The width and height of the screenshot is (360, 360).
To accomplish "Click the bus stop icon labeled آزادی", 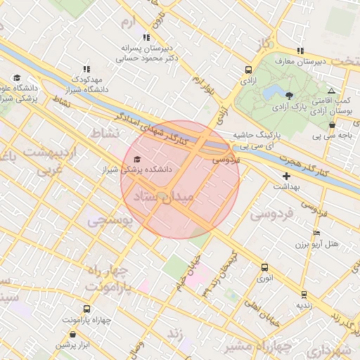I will click(x=248, y=70).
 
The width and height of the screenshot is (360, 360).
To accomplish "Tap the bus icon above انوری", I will click(x=264, y=267).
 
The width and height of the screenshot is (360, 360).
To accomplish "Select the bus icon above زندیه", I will click(x=304, y=294).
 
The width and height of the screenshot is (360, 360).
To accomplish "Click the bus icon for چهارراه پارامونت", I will click(x=86, y=309).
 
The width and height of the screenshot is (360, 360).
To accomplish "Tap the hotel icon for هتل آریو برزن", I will click(x=316, y=233).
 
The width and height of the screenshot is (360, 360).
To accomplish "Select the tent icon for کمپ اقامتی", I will click(x=331, y=91).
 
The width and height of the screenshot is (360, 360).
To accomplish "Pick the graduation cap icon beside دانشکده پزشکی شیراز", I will click(x=136, y=159).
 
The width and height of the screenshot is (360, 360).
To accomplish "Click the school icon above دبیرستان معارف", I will click(x=300, y=51).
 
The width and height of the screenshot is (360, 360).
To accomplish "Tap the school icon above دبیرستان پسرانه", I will click(x=146, y=37).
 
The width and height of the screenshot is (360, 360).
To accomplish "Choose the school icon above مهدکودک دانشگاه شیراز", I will click(x=86, y=69).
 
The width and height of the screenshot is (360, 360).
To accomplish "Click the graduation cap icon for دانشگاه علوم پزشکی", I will click(x=17, y=78).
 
